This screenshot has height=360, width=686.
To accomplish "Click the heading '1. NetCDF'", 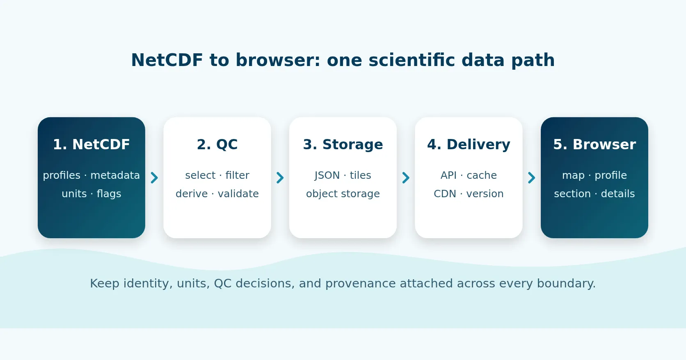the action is (x=91, y=144).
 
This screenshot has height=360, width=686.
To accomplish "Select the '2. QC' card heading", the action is (x=217, y=144).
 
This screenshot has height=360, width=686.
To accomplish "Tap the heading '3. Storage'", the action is (x=343, y=144).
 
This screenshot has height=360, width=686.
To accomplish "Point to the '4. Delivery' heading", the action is (x=469, y=144).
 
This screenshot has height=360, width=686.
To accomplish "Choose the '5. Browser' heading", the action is (x=595, y=144).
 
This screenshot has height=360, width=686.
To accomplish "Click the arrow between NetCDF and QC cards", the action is (x=154, y=178).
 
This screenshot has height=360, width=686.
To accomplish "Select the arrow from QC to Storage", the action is (x=280, y=178).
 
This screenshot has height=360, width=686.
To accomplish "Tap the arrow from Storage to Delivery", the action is (x=406, y=178).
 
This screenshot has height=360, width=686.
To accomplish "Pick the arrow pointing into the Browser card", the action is (x=532, y=178).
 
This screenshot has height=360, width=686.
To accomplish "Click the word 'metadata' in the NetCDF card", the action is (x=115, y=175).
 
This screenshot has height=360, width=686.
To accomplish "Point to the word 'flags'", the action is (x=109, y=194).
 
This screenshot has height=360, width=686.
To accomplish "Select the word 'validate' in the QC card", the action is (x=238, y=194).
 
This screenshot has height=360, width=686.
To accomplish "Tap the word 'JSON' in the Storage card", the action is (x=327, y=175).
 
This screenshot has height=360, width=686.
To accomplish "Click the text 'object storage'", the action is (x=343, y=194).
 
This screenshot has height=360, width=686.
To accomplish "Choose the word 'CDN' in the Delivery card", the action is (x=445, y=194).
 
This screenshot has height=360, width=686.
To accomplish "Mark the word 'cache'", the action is (x=482, y=175).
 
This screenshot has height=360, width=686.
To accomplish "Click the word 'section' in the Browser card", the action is (x=572, y=194).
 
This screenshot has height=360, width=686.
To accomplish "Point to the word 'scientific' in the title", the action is (x=412, y=60).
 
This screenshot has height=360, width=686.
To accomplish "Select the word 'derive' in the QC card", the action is (x=192, y=194).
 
